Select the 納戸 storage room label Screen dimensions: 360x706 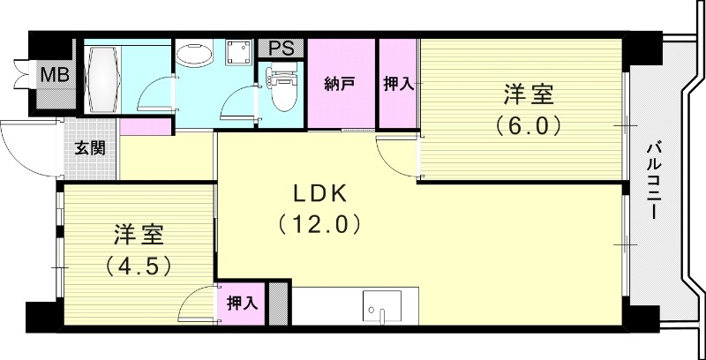tap(340, 85)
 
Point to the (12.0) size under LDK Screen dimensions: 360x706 tap(319, 224)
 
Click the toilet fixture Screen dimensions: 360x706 tap(283, 93)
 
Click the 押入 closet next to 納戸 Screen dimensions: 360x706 tap(398, 85)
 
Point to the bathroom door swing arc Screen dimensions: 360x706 tap(155, 96)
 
